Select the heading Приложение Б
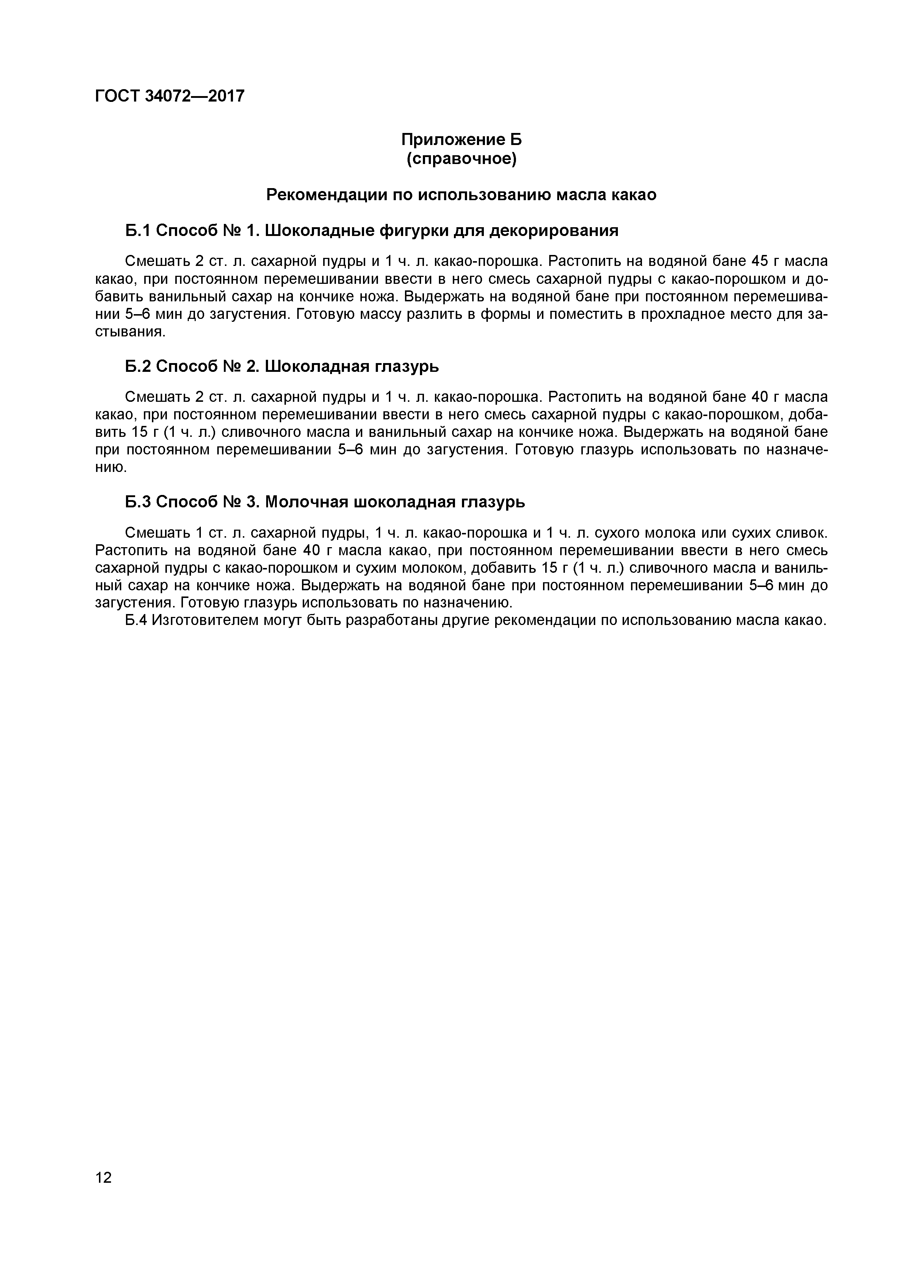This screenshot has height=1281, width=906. click(461, 139)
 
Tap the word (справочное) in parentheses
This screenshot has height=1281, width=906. click(461, 159)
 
